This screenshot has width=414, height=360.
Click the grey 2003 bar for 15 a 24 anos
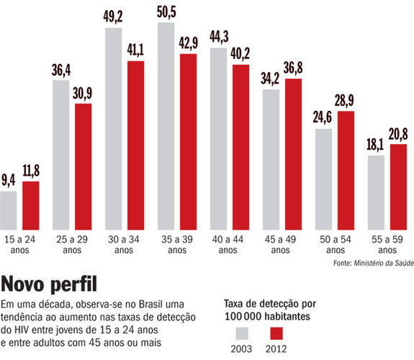coord(9,209)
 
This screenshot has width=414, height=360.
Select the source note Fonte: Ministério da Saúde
coord(372,264)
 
